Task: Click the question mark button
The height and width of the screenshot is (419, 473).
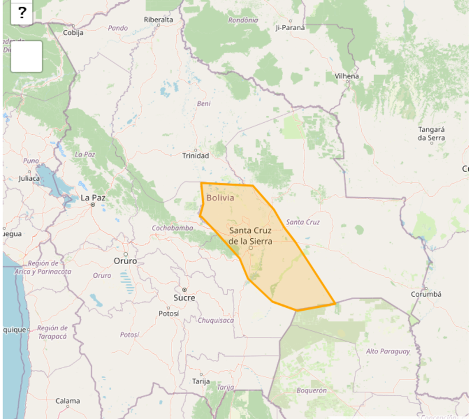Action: (22, 12)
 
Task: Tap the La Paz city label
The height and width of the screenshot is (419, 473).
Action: (93, 197)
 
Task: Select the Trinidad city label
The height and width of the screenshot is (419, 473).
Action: (195, 155)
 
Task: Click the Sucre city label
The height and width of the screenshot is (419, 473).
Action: (184, 297)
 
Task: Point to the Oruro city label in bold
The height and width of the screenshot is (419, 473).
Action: (125, 261)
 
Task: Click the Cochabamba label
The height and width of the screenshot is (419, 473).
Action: (173, 228)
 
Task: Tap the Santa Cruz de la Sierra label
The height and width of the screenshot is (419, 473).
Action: (250, 236)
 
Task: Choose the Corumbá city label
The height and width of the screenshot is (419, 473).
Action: (426, 294)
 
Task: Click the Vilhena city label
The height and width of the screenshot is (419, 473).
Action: (346, 76)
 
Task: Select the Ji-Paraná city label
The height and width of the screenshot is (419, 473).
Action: (290, 27)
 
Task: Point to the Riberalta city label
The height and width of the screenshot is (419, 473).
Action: (158, 20)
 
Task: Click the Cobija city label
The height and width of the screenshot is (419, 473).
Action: (73, 33)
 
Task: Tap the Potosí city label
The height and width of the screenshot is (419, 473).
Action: (169, 313)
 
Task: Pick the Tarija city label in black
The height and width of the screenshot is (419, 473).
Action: (201, 381)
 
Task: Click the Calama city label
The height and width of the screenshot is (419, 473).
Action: (67, 401)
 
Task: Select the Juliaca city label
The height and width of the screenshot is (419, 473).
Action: (29, 178)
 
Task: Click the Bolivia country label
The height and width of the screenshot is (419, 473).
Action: (220, 197)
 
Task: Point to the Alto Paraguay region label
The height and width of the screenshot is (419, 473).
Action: (388, 351)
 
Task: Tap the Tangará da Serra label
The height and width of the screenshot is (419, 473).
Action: (431, 134)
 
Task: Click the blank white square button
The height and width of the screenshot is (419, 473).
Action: (27, 56)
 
